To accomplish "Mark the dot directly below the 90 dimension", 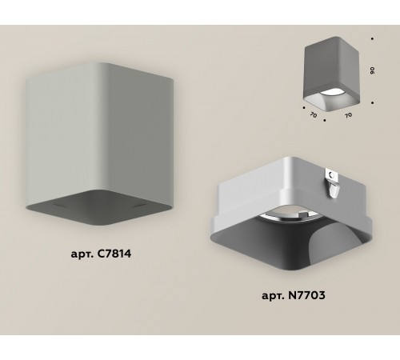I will point(374,102).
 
